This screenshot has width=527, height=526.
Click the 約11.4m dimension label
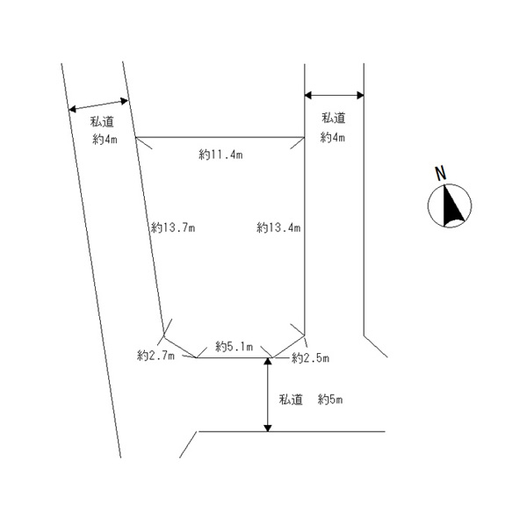point(220,155)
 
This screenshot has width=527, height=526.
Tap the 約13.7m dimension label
point(172,227)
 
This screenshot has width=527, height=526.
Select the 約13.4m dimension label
point(278,227)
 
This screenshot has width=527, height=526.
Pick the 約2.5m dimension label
point(310,357)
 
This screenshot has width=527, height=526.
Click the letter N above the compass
point(444,173)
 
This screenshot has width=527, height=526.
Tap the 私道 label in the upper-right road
point(333,118)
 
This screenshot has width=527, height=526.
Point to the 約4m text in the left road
point(106,140)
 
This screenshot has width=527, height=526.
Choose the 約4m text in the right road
point(333,137)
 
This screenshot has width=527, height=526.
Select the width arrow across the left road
point(98,104)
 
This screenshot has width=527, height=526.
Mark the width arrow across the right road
point(334,95)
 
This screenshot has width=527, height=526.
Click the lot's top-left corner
point(135,137)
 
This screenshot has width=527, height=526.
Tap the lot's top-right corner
point(304,137)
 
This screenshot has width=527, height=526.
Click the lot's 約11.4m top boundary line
point(220,137)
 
